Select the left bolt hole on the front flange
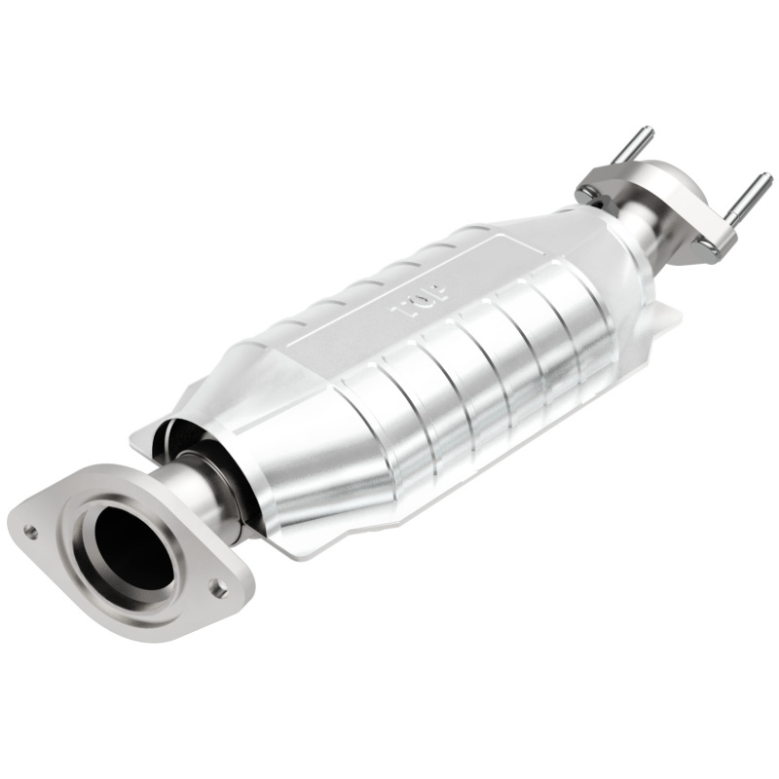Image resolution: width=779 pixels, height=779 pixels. (x=32, y=531)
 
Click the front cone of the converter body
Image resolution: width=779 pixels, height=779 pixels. (x=302, y=458)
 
